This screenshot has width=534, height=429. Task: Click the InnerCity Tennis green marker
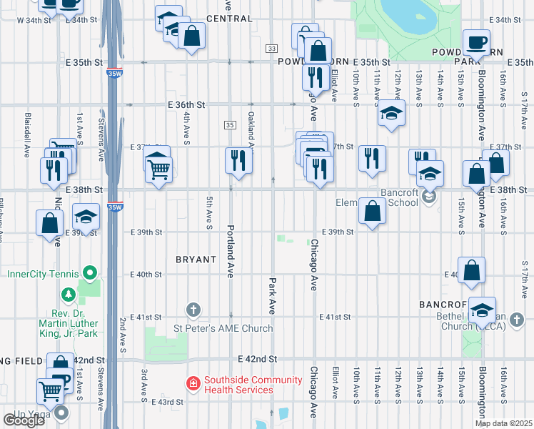[x=89, y=273]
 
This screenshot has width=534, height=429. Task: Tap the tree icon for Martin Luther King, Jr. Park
[x=69, y=294]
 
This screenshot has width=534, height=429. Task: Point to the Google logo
[x=24, y=420]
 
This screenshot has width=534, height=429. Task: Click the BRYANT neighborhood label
[x=196, y=260]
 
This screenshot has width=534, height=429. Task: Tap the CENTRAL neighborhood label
[x=229, y=19]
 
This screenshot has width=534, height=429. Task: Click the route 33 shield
[x=271, y=48]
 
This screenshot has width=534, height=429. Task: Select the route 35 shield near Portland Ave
[x=229, y=125]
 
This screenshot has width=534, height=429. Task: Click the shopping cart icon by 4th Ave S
[x=158, y=168]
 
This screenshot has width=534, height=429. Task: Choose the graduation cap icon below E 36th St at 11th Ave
[x=391, y=112]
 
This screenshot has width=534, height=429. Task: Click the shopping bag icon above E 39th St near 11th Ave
[x=372, y=210]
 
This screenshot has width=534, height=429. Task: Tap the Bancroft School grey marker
[x=429, y=197]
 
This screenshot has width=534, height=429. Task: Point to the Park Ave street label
[x=272, y=295]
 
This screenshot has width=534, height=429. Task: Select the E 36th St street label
[x=187, y=104]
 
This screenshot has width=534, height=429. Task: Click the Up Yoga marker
[x=62, y=413]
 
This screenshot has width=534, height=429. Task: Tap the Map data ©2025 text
[x=503, y=423]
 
